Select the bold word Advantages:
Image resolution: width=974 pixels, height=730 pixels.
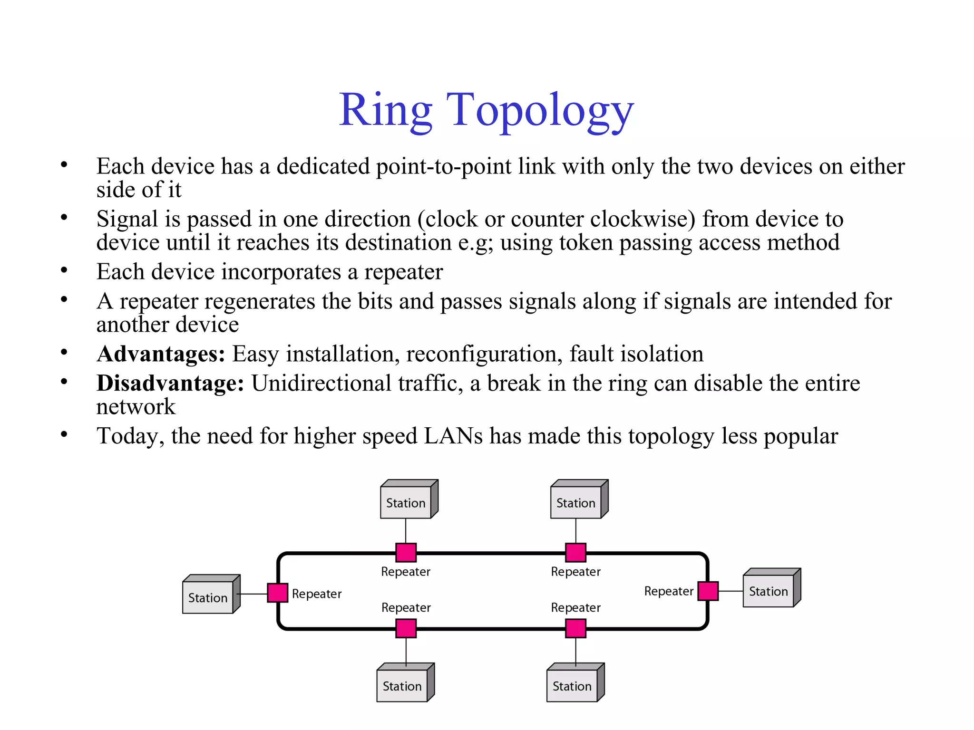pyautogui.click(x=161, y=355)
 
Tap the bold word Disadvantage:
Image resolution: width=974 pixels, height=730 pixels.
pyautogui.click(x=170, y=384)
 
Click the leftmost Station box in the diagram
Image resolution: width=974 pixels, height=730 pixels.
pyautogui.click(x=208, y=597)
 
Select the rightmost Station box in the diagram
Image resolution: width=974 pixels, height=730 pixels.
pyautogui.click(x=769, y=591)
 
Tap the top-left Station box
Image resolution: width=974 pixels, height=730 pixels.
pyautogui.click(x=406, y=502)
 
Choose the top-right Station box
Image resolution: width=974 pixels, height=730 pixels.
pyautogui.click(x=576, y=502)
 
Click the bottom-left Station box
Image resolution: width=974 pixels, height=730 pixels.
pyautogui.click(x=402, y=686)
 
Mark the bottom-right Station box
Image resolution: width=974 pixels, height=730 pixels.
pyautogui.click(x=572, y=686)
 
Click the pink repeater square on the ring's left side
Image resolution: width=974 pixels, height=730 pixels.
pyautogui.click(x=278, y=593)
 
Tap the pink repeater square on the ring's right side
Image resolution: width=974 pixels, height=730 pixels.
pyautogui.click(x=708, y=591)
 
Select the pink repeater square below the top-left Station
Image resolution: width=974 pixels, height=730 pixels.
pyautogui.click(x=406, y=553)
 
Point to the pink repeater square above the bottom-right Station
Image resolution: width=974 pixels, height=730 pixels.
pyautogui.click(x=576, y=628)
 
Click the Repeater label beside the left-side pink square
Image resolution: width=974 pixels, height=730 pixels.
pyautogui.click(x=317, y=594)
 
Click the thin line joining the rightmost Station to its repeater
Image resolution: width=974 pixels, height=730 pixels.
pyautogui.click(x=730, y=591)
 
